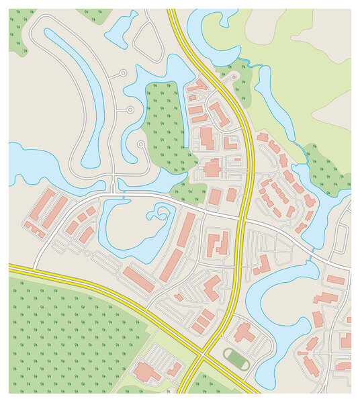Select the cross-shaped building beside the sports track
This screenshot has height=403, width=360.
pos(243,332)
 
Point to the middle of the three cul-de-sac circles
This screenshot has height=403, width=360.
pos(130,109)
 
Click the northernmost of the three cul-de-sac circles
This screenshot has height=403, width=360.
pos(122,73)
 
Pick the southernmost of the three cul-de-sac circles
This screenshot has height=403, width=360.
pos(140,144)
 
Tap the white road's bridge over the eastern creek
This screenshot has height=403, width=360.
pos(312,251)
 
